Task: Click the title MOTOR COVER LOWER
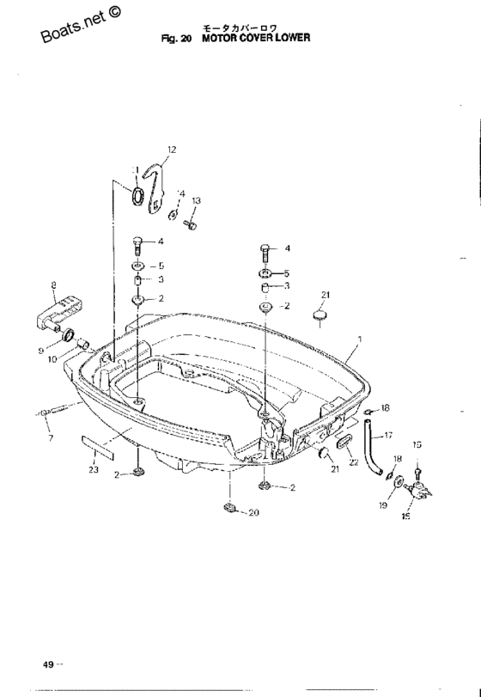tap(256, 38)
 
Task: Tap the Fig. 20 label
tap(176, 38)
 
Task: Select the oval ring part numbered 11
tap(137, 196)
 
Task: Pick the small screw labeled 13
tap(191, 225)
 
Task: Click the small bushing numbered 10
tap(83, 344)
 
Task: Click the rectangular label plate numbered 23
tap(97, 447)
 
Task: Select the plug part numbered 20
tap(228, 507)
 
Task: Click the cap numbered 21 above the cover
tap(320, 315)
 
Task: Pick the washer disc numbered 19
tap(399, 481)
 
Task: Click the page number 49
tap(48, 664)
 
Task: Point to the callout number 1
tap(359, 339)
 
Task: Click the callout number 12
tap(172, 150)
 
